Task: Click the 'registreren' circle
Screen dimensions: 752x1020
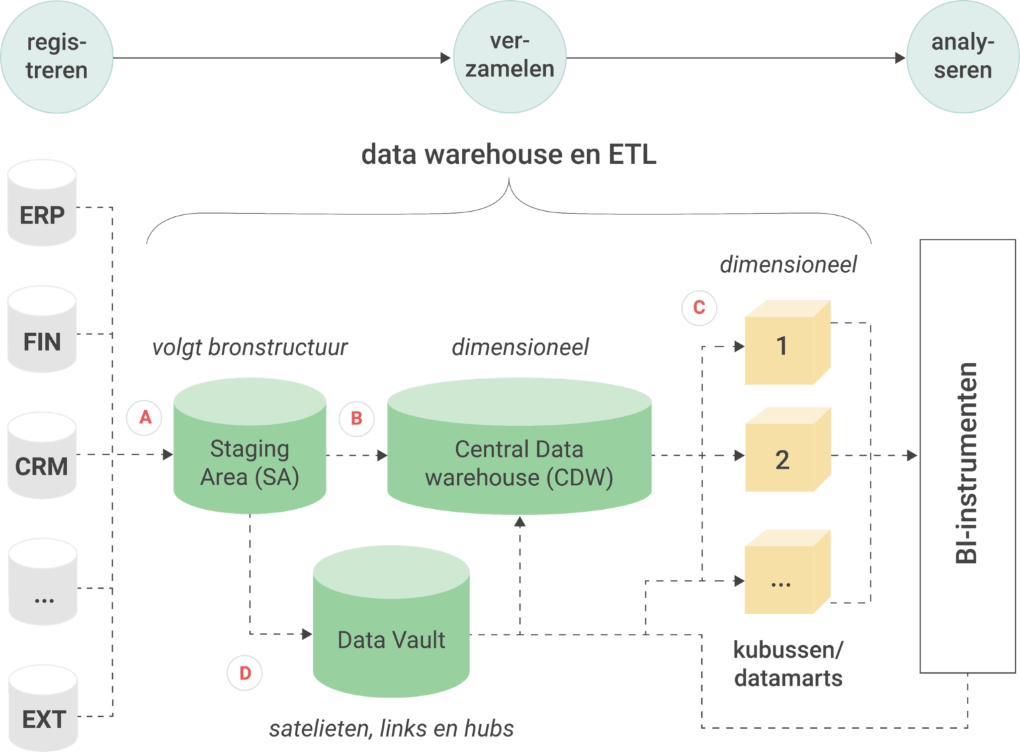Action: (56, 57)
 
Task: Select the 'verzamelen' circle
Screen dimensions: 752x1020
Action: (509, 56)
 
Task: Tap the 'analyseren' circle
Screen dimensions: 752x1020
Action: (962, 57)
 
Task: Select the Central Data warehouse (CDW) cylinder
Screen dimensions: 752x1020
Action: (519, 451)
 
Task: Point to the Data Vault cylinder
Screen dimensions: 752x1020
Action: (391, 627)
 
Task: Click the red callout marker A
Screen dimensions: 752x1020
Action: (145, 417)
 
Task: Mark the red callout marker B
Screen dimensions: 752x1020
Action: (357, 419)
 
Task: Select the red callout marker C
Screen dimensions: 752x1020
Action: (699, 307)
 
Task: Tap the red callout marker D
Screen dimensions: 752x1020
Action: (245, 673)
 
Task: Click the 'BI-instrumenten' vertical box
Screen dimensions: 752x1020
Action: (968, 457)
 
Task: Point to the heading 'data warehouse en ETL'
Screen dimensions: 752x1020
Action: (509, 155)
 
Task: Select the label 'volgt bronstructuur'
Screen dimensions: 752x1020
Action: (250, 347)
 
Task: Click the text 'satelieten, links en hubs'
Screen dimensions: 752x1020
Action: (391, 729)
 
